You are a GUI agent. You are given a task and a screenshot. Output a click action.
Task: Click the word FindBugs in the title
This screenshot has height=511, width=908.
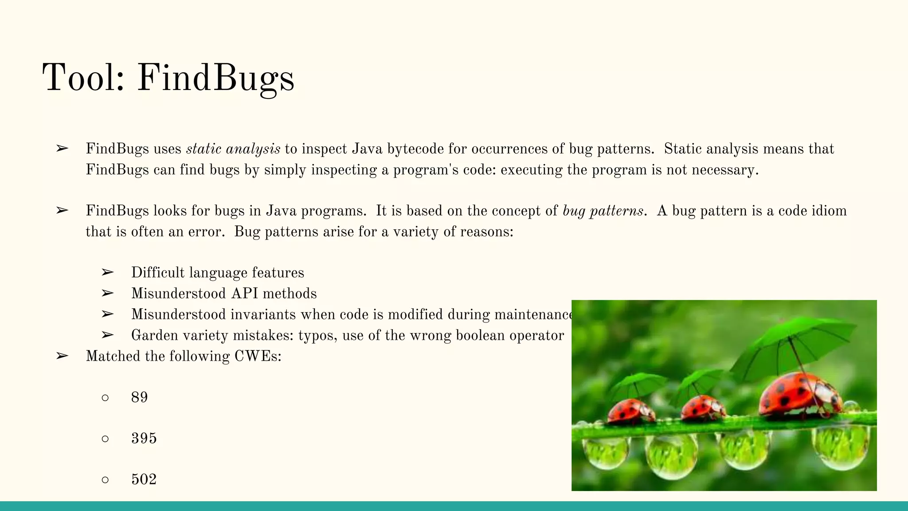pos(215,78)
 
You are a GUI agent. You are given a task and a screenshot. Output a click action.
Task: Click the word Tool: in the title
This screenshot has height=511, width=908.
pos(83,78)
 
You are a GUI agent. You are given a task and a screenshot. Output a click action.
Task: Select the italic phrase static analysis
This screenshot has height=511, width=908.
pos(233,149)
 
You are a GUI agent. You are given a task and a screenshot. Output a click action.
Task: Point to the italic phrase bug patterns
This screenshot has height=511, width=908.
pos(603,211)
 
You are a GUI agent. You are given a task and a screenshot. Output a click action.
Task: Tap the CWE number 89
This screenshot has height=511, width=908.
pos(139,397)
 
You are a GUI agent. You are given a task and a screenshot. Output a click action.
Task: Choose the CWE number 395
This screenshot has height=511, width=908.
pos(144,438)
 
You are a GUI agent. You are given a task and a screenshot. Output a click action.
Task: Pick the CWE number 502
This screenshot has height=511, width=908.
pos(144,480)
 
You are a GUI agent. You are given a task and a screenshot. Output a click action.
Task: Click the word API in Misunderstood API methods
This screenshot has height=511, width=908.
pos(244,294)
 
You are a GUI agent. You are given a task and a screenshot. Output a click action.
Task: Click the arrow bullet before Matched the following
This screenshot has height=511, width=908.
pos(62,356)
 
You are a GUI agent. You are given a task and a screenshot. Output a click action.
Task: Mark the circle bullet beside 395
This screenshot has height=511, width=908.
pos(105,439)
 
